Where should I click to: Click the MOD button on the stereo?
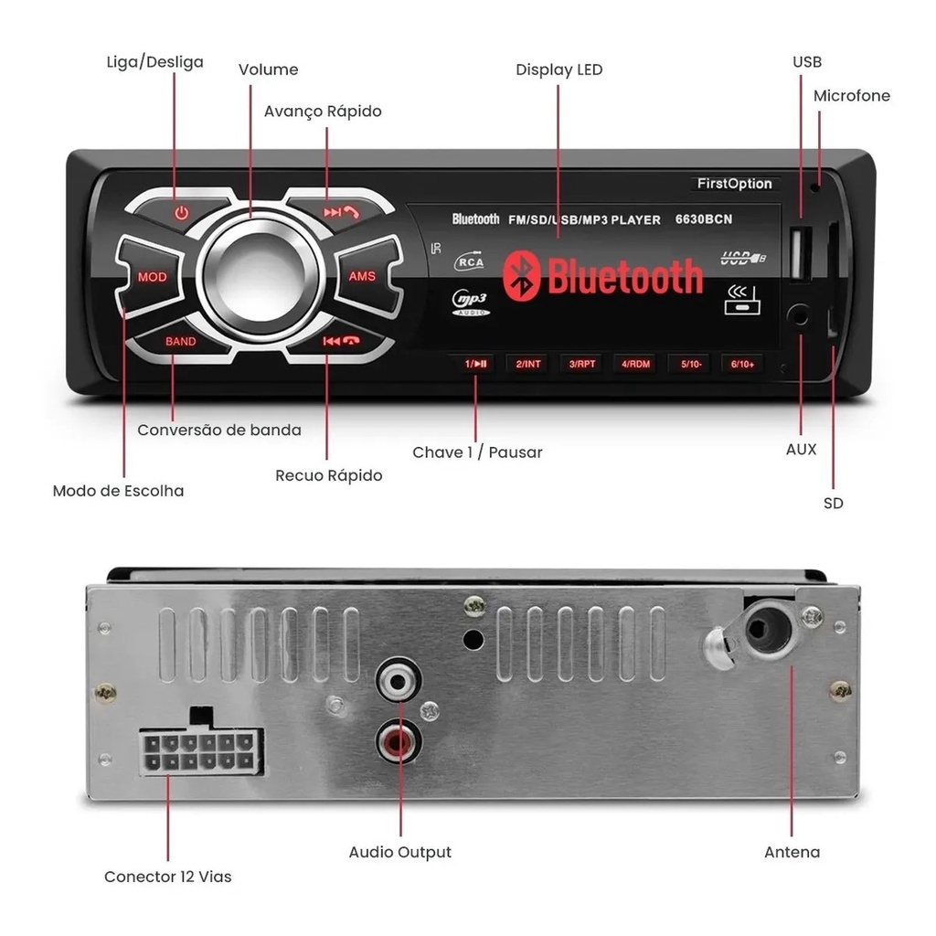click(152, 276)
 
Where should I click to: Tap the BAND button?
click(181, 342)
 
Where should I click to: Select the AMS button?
click(362, 276)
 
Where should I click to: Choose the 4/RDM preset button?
click(636, 364)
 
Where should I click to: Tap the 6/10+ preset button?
click(742, 364)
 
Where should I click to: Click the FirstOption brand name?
click(734, 184)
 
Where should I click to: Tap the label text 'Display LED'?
click(558, 70)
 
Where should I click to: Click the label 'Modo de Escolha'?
click(118, 491)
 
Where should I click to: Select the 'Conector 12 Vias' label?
click(167, 877)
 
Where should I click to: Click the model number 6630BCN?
click(704, 219)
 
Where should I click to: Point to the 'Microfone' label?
click(851, 96)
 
